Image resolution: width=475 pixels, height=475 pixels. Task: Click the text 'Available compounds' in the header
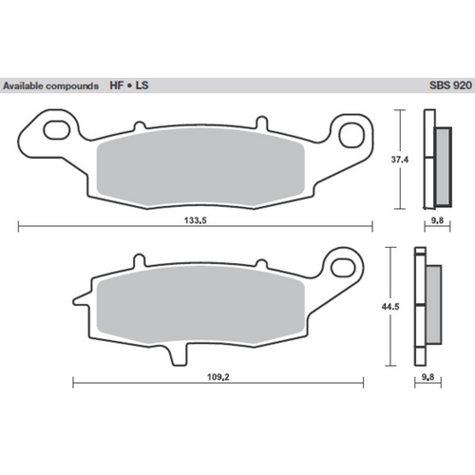(51, 85)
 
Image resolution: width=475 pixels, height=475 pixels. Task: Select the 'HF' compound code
(118, 85)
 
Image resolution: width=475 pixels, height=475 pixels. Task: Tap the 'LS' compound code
(142, 85)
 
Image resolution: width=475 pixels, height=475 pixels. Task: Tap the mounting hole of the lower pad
(337, 263)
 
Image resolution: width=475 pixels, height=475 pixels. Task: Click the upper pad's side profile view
(437, 160)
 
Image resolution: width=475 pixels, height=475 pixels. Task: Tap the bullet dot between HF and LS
(130, 85)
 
